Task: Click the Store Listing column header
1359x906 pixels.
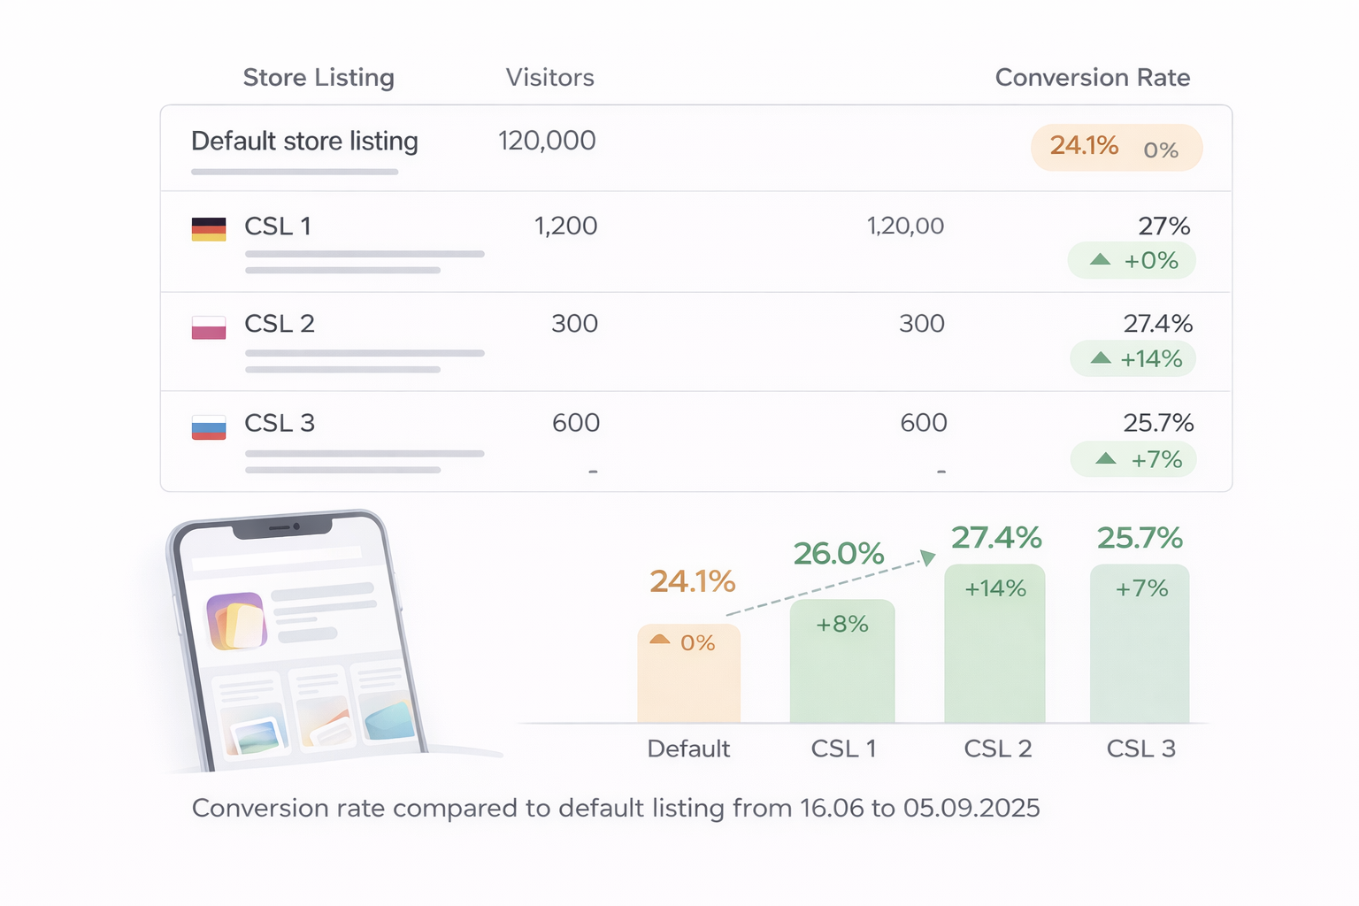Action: tap(319, 78)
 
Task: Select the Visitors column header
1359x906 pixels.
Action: tap(549, 78)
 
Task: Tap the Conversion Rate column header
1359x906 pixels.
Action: tap(1092, 78)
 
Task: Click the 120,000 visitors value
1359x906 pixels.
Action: tap(547, 141)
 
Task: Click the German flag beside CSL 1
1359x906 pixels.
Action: tap(209, 229)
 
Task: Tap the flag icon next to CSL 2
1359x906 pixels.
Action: tap(209, 327)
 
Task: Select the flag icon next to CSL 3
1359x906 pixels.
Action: tap(209, 427)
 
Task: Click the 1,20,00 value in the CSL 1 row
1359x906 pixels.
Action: tap(905, 226)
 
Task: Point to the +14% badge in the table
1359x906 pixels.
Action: tap(1132, 359)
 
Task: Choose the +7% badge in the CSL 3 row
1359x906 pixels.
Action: tap(1133, 460)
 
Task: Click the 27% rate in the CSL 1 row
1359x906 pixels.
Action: tap(1163, 226)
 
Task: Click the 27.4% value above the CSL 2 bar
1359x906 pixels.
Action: tap(996, 538)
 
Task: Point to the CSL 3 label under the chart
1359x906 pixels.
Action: tap(1140, 749)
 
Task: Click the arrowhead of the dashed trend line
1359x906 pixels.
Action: tap(928, 557)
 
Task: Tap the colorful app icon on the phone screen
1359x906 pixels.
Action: tap(235, 620)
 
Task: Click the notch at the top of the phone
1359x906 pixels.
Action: tap(282, 528)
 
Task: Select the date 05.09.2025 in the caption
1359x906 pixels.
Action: tap(971, 808)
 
